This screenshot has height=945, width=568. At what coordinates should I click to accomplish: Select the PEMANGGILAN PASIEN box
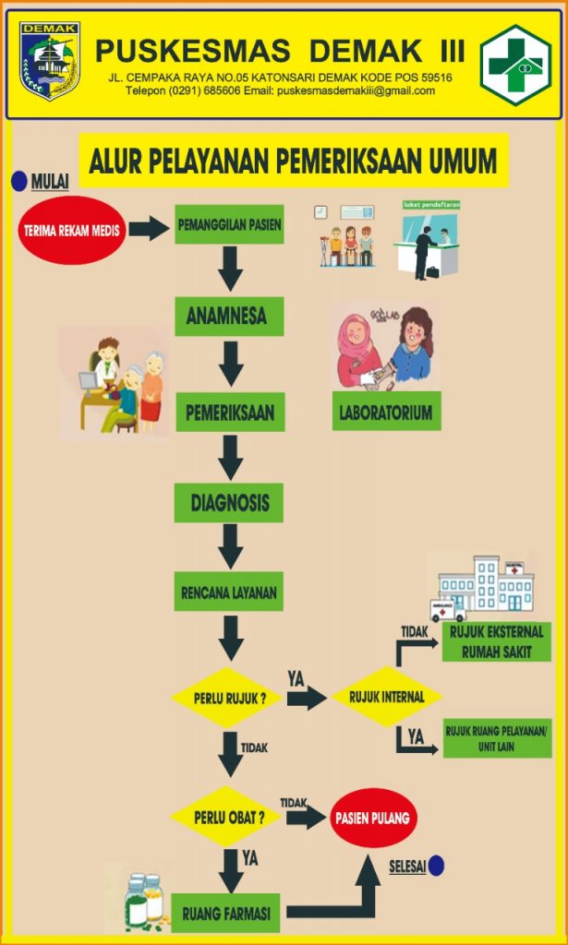229,224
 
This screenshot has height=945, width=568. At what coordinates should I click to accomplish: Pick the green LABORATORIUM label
386,412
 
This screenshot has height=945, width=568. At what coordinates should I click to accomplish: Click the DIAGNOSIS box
229,503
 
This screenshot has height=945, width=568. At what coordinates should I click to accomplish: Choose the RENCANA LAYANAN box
229,592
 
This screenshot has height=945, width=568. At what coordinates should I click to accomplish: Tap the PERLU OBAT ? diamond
225,817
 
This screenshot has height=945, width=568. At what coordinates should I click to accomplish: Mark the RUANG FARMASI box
226,914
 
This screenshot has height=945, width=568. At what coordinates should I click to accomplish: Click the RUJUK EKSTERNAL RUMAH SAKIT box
497,641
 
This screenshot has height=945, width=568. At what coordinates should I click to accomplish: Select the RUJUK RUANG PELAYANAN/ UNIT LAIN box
497,737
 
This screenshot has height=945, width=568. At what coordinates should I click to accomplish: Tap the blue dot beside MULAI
19,181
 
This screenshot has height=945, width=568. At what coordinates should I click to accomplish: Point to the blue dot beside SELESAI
436,866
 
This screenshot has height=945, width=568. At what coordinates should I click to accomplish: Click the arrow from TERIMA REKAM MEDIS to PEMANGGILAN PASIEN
147,228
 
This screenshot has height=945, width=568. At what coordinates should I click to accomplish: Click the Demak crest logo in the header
50,61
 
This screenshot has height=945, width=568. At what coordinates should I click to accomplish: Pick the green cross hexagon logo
515,65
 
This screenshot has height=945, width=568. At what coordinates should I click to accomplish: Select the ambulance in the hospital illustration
448,610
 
